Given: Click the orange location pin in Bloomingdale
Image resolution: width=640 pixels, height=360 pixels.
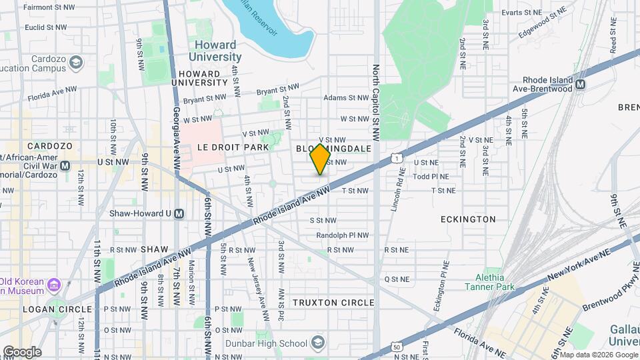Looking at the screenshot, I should pyautogui.click(x=320, y=159).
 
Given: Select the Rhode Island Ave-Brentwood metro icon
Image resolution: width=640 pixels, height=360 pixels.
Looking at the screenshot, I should pyautogui.click(x=580, y=85).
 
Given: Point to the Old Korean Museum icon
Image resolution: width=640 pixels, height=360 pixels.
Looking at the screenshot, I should pyautogui.click(x=54, y=285).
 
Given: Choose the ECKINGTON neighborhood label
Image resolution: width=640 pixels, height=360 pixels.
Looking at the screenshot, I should pyautogui.click(x=468, y=219).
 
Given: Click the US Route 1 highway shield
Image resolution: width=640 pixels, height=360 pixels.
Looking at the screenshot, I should pyautogui.click(x=397, y=158).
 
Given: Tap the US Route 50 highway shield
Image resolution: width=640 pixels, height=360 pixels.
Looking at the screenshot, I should pyautogui.click(x=397, y=347).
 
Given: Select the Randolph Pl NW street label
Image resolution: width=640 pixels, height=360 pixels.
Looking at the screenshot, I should pyautogui.click(x=343, y=235).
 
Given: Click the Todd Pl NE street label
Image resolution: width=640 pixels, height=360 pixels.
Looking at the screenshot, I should pyautogui.click(x=431, y=177).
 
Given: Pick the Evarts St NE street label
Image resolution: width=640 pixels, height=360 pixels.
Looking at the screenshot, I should pyautogui.click(x=521, y=12).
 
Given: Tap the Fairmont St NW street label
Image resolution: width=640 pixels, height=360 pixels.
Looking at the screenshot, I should pyautogui.click(x=49, y=8).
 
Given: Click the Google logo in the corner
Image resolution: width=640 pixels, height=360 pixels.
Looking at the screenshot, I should pyautogui.click(x=22, y=351).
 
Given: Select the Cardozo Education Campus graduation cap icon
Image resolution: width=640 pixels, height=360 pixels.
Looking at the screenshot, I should pyautogui.click(x=75, y=63).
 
